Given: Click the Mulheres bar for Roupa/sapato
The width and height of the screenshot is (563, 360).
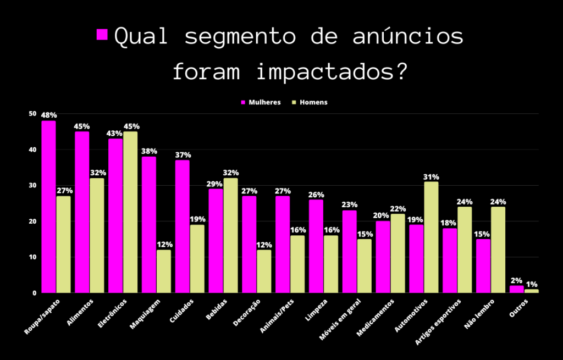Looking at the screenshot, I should (48, 207).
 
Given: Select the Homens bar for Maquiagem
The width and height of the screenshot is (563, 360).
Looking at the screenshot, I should (163, 272).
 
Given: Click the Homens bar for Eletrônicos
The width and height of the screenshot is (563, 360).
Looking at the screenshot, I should (130, 212).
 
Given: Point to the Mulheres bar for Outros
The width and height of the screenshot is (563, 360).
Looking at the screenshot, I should (516, 289).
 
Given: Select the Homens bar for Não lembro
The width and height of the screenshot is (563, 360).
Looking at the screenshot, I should (498, 250).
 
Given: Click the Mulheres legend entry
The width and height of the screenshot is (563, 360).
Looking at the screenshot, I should (261, 102).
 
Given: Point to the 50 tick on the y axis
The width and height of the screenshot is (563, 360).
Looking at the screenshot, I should (32, 114).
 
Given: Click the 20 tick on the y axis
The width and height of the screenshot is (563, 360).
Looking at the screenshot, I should (32, 221).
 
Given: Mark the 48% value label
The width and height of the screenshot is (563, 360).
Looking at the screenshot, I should (49, 115).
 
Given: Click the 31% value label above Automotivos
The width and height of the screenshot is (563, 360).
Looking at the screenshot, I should (431, 177).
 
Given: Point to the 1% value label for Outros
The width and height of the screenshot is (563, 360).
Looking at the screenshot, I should (532, 284).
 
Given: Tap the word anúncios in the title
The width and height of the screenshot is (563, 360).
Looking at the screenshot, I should (407, 37).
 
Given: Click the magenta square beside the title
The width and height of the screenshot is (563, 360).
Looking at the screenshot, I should (102, 35).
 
